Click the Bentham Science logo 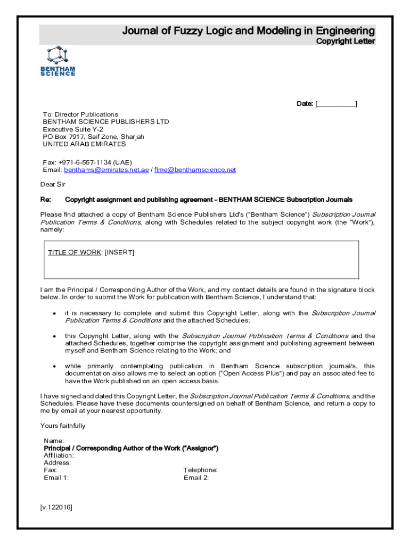click(x=58, y=61)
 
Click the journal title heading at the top click(x=249, y=31)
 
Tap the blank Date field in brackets click(x=336, y=104)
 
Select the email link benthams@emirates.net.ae click(x=106, y=170)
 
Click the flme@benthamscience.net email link click(x=195, y=170)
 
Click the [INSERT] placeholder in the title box click(x=119, y=252)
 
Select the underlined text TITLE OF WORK click(x=74, y=252)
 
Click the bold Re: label click(x=46, y=200)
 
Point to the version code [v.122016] click(x=56, y=507)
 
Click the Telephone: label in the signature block click(x=200, y=470)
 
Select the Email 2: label click(x=196, y=477)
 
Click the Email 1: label click(x=56, y=477)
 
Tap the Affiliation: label click(x=59, y=456)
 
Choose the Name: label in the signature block click(x=54, y=441)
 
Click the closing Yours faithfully click(x=63, y=426)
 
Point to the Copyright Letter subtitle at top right click(x=346, y=42)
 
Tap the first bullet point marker click(x=54, y=313)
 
